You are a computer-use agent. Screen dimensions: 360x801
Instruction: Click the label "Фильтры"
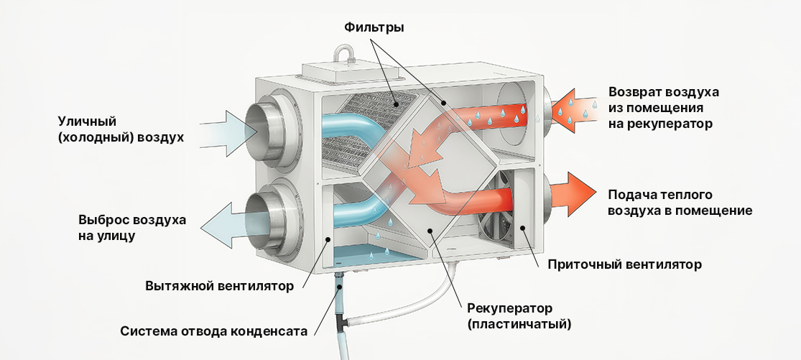[374, 28]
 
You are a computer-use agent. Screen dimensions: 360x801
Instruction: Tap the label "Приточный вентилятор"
[624, 264]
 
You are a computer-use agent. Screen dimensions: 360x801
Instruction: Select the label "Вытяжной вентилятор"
[219, 287]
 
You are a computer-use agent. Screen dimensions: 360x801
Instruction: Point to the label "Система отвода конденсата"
[214, 332]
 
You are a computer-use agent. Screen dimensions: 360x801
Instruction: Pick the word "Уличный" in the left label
[88, 121]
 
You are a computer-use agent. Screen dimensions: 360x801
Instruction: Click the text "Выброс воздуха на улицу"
[133, 226]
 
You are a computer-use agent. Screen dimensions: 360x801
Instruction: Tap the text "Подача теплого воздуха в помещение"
[680, 203]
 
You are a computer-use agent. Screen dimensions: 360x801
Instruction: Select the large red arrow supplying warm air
[572, 194]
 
